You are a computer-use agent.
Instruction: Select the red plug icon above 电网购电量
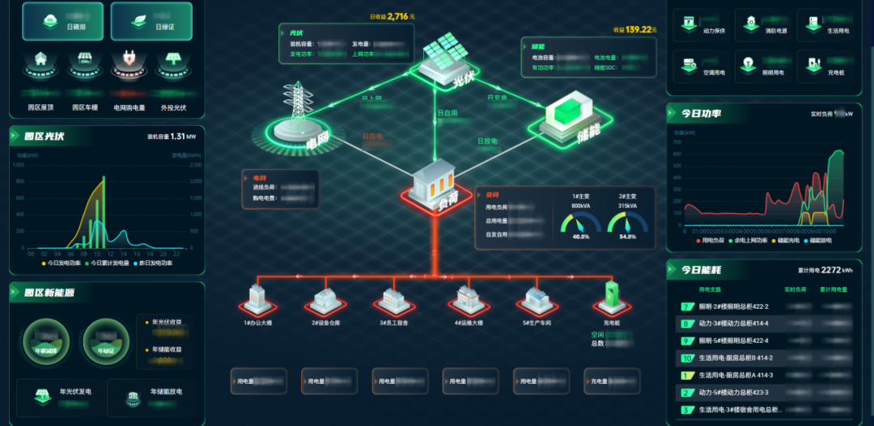(127, 59)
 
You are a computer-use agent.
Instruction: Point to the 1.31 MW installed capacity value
(179, 137)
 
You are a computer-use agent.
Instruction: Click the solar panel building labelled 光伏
(443, 58)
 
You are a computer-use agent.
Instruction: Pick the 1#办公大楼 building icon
(257, 298)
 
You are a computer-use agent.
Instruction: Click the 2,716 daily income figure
(401, 16)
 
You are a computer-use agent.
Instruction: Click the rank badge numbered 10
(687, 358)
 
